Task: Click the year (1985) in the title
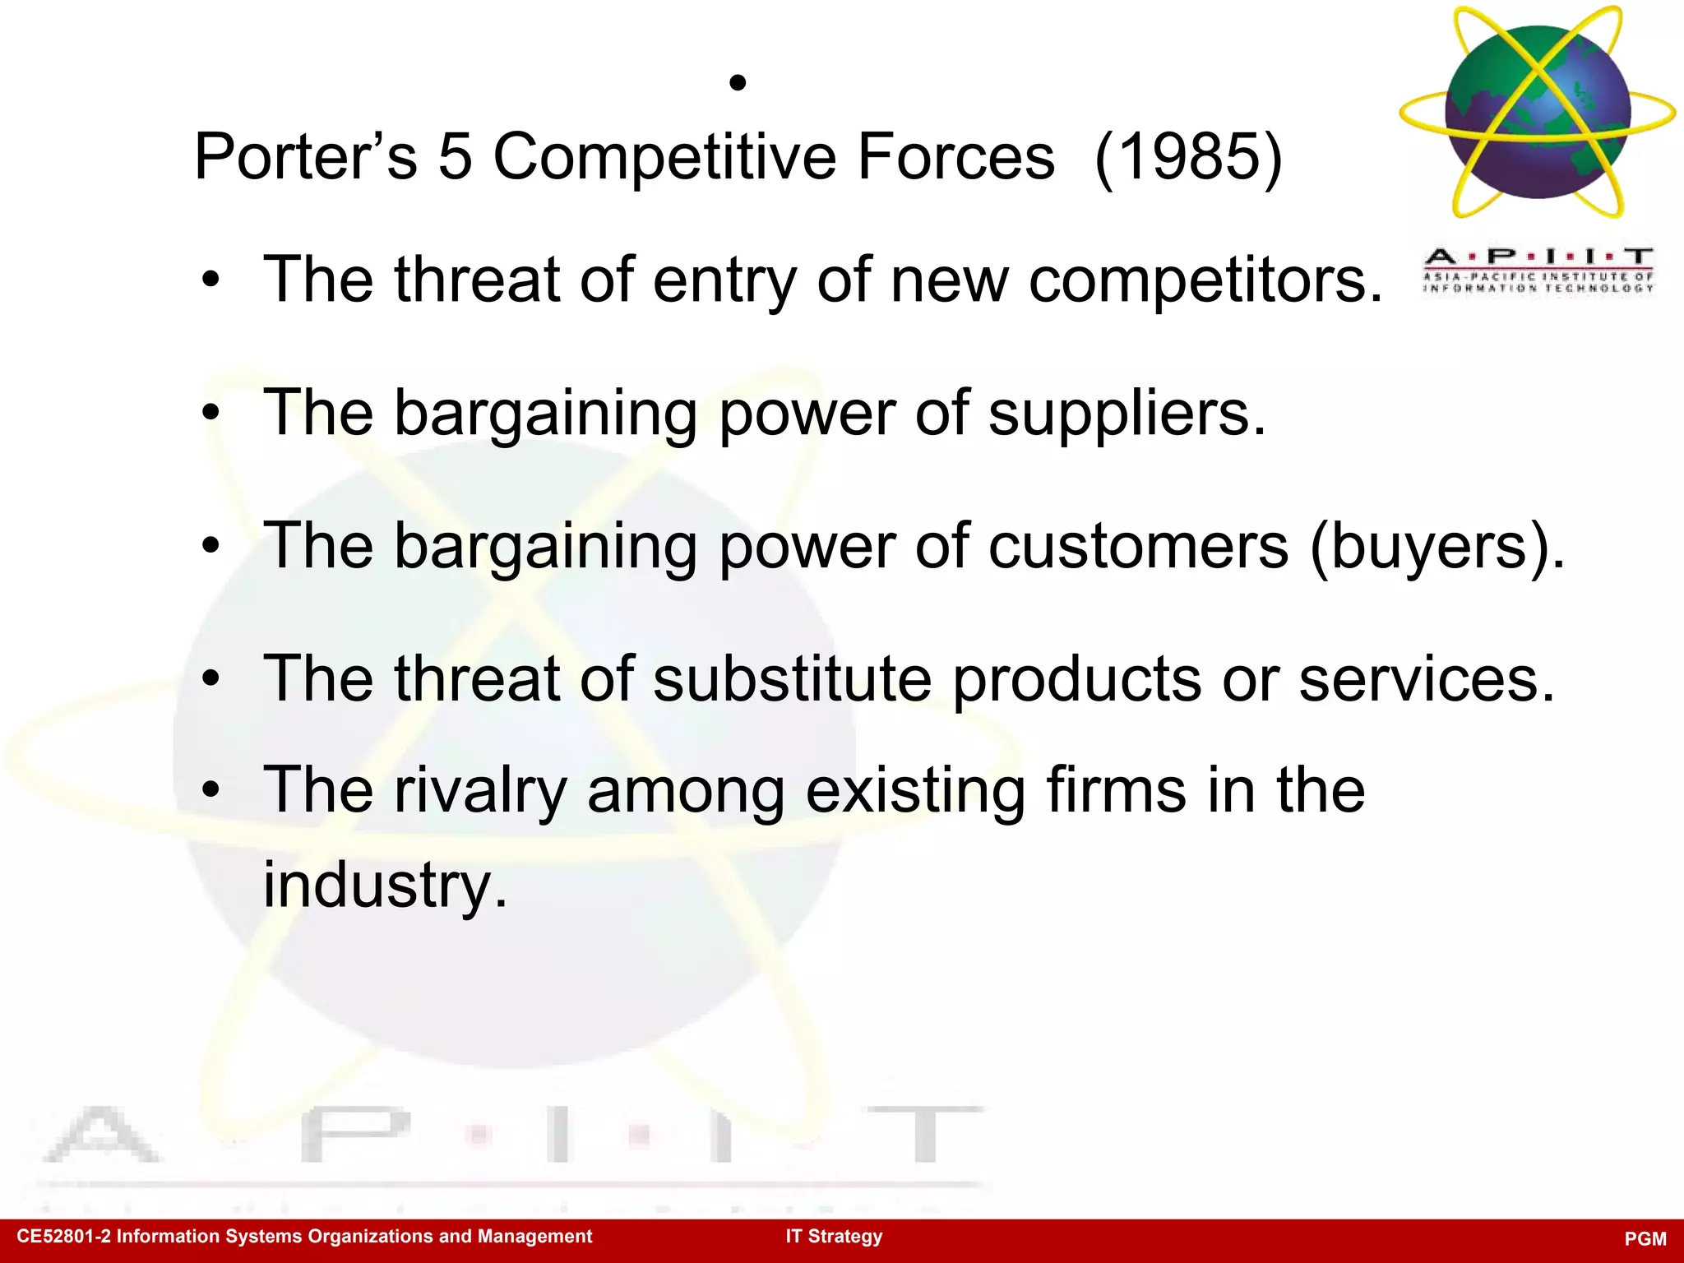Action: coord(1188,156)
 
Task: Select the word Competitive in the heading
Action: coord(664,156)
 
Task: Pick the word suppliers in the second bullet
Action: coord(1127,414)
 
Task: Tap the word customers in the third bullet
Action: coord(1138,547)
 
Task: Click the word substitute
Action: coord(793,679)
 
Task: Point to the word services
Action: coord(1427,679)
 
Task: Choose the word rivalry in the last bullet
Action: coord(480,789)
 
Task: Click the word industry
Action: coord(385,885)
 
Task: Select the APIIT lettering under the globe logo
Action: coord(1538,257)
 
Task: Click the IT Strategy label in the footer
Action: coord(834,1236)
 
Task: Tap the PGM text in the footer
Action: coord(1645,1238)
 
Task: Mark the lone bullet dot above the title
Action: coord(738,82)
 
